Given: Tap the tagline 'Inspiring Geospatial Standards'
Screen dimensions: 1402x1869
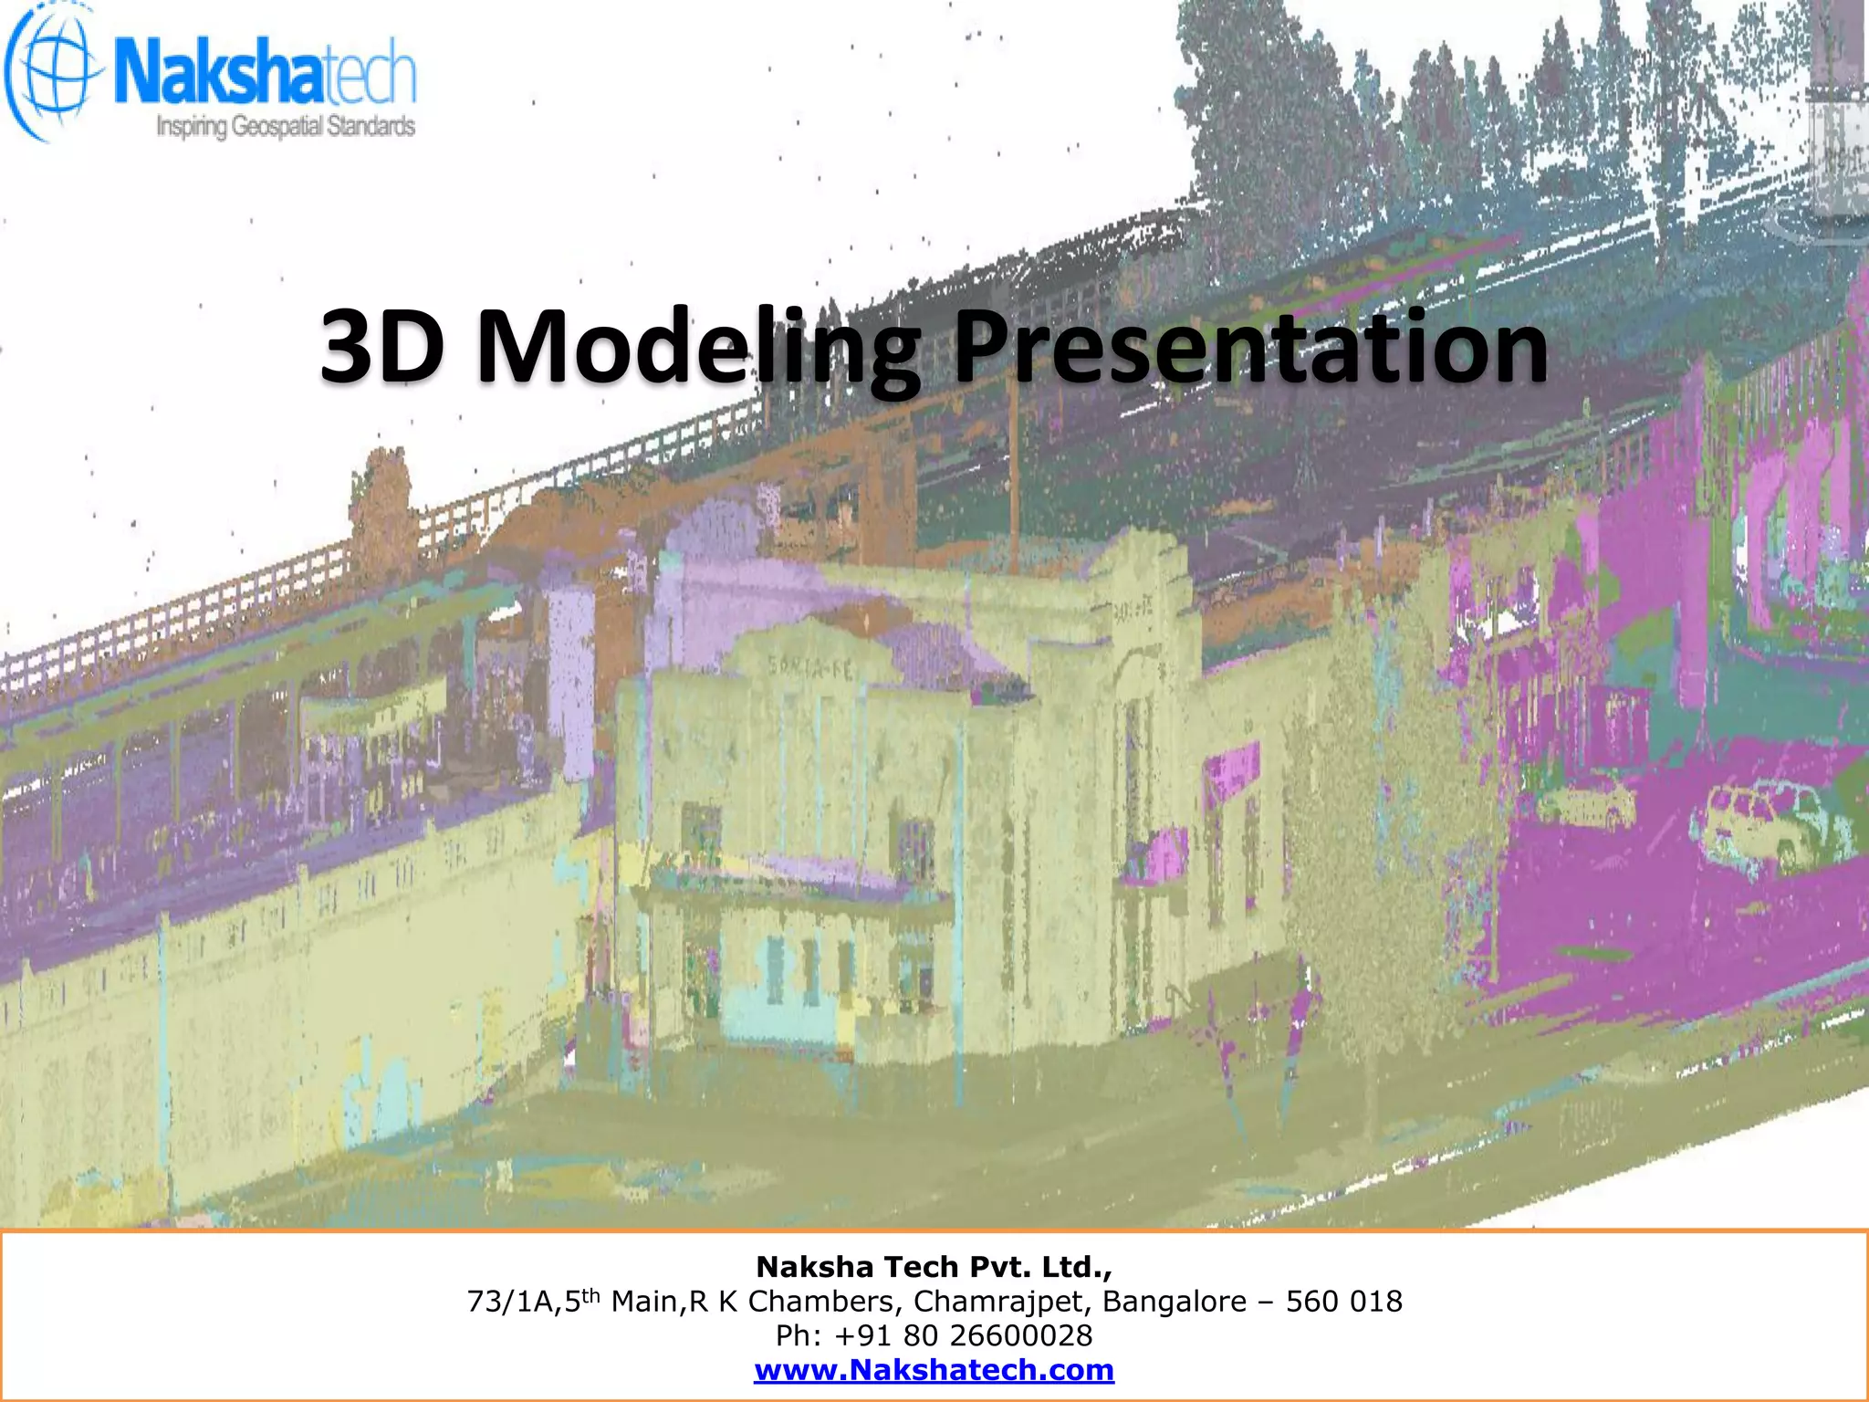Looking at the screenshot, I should point(286,126).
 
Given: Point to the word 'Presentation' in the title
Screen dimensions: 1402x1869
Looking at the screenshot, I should point(1250,347).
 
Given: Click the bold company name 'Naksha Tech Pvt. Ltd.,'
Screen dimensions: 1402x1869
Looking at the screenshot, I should point(934,1267).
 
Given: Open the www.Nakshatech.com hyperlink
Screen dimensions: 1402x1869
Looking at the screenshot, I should point(934,1370).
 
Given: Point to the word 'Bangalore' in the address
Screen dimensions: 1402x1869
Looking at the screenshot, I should point(1175,1302).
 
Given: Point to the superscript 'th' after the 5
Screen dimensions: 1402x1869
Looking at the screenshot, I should point(591,1294).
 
